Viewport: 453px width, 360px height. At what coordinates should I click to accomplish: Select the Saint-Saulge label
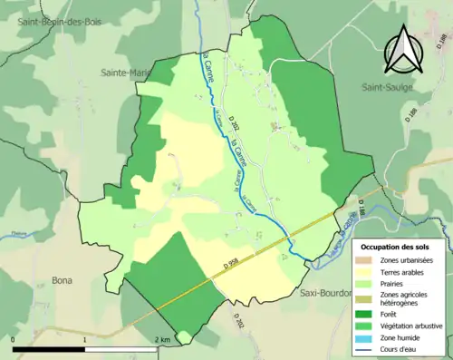pos(389,89)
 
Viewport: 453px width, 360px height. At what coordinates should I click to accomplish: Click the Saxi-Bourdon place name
pos(327,293)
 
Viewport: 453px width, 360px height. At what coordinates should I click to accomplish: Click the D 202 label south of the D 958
pos(237,321)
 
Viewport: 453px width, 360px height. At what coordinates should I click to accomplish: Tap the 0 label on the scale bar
pos(14,339)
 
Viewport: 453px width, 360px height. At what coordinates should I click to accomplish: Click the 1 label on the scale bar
pos(84,339)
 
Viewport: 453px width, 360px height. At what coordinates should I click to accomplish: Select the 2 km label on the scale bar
pos(162,339)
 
